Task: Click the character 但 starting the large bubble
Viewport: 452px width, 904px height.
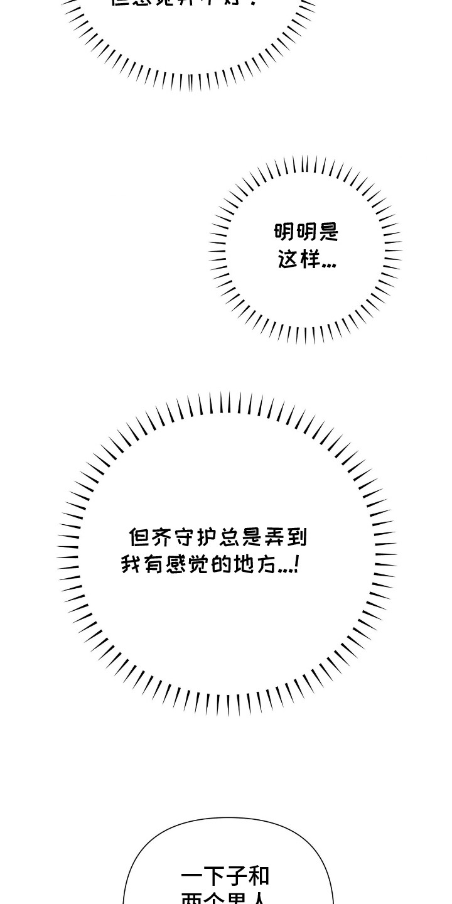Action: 139,537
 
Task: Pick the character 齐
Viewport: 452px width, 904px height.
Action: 161,537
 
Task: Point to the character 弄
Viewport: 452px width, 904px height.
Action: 274,537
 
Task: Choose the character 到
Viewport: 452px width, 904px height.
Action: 297,537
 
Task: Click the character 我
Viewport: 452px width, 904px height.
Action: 132,564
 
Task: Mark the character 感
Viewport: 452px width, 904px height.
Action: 177,564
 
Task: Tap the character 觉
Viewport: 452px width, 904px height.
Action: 200,564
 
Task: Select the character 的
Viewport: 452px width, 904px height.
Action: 222,564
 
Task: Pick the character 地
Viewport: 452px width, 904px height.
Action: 245,564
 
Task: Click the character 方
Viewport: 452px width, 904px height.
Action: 267,564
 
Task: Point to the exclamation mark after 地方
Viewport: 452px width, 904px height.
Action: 296,564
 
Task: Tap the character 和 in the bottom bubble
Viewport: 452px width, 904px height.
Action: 258,876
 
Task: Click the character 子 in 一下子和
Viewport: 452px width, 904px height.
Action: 235,876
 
